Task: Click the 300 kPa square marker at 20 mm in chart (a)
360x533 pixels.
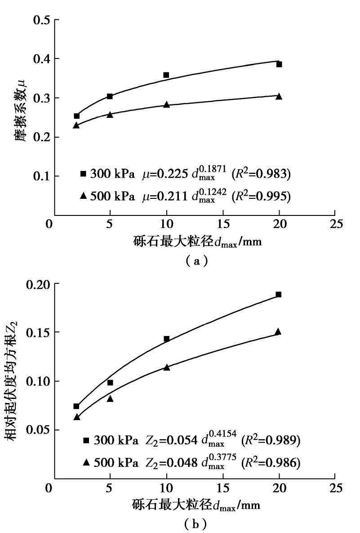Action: point(279,64)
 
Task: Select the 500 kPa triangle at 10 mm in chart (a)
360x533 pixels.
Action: point(166,104)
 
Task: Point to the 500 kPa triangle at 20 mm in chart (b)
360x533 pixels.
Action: point(278,331)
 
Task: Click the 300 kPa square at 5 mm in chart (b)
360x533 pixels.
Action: point(110,382)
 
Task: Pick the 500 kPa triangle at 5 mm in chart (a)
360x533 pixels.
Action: point(110,114)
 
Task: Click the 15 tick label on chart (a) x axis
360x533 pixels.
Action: point(223,224)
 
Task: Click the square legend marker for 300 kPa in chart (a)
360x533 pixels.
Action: point(83,173)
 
